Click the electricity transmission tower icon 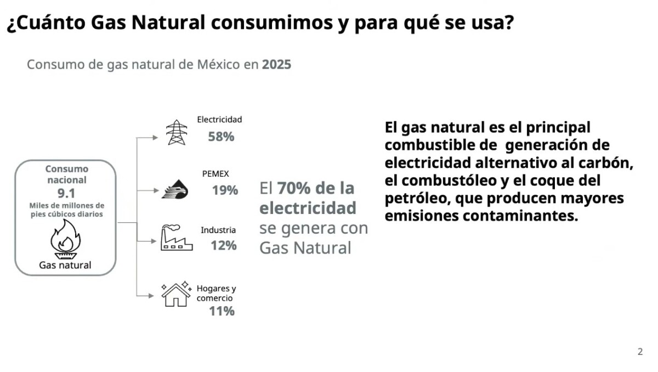(176, 132)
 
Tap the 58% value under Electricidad (221, 137)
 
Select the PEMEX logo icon (175, 189)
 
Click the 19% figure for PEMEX (225, 190)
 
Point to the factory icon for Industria (177, 238)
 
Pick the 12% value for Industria (224, 246)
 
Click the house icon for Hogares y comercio (176, 294)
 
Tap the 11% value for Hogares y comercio (222, 311)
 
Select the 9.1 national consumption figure (66, 193)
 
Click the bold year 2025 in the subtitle (276, 65)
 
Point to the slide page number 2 (640, 352)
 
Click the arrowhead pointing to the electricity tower (155, 138)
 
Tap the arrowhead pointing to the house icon (151, 296)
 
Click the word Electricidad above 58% (219, 120)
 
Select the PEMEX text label (215, 174)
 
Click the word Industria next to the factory (218, 230)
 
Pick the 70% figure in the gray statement (294, 188)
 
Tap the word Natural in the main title (168, 22)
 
